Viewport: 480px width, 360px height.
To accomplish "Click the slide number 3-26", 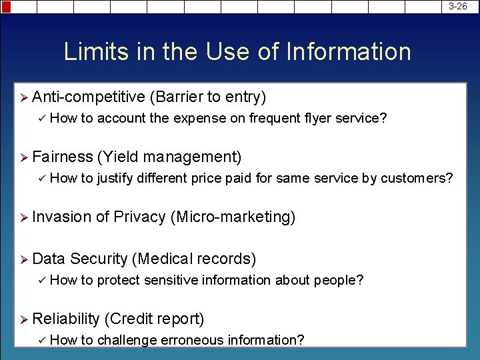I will (x=458, y=6).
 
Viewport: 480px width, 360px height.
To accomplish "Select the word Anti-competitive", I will (x=89, y=97).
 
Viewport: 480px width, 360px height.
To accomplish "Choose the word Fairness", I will (x=63, y=157).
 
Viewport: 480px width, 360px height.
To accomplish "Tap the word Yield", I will (x=119, y=157).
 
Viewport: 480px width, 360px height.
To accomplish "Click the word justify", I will (x=116, y=179).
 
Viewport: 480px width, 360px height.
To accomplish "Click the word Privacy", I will (x=140, y=217).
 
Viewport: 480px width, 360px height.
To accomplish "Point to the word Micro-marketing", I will (x=233, y=217).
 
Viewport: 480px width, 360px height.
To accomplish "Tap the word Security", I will (x=99, y=259).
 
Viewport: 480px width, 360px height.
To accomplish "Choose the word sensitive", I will (x=169, y=280).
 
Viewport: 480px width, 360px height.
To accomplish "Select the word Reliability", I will (x=66, y=319).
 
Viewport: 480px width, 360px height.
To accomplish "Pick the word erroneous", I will (x=193, y=340).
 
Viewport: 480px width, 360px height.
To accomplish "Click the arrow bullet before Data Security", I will (x=24, y=259).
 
